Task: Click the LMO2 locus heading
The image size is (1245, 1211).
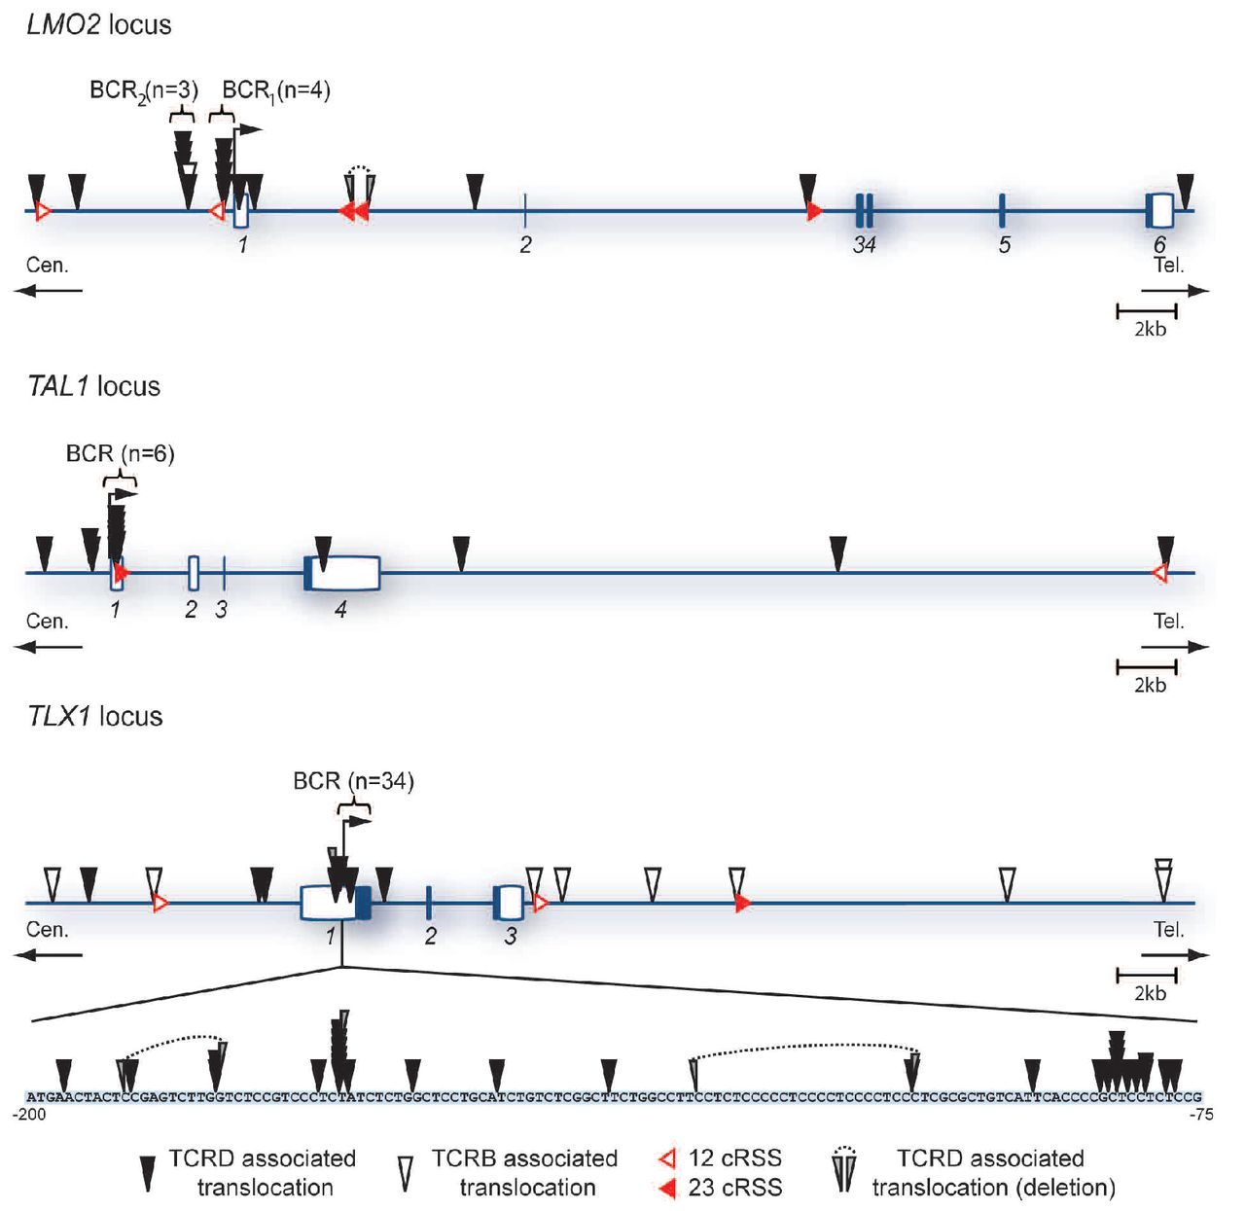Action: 98,24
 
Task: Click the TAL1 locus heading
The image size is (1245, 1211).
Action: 93,386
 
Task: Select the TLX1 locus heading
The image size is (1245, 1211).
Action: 94,717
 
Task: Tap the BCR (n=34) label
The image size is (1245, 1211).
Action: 353,781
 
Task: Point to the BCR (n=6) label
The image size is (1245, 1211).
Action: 120,453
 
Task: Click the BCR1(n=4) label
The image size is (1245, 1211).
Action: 276,90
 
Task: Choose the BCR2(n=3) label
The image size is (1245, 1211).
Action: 144,90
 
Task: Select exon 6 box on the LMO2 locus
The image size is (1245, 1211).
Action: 1159,209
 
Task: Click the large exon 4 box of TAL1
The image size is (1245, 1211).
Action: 345,573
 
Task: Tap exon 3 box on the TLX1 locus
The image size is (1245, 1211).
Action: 509,903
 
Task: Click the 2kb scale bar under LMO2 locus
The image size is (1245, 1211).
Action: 1147,311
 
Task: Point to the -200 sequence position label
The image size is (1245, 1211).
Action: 29,1115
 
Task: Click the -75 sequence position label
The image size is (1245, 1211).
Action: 1201,1115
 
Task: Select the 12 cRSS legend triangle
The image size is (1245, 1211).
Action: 667,1158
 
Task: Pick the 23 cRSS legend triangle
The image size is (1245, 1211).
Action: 667,1188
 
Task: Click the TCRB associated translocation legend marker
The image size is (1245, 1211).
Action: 406,1172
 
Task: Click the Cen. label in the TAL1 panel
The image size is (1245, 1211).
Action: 47,622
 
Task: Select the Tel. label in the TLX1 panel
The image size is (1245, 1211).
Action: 1168,930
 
